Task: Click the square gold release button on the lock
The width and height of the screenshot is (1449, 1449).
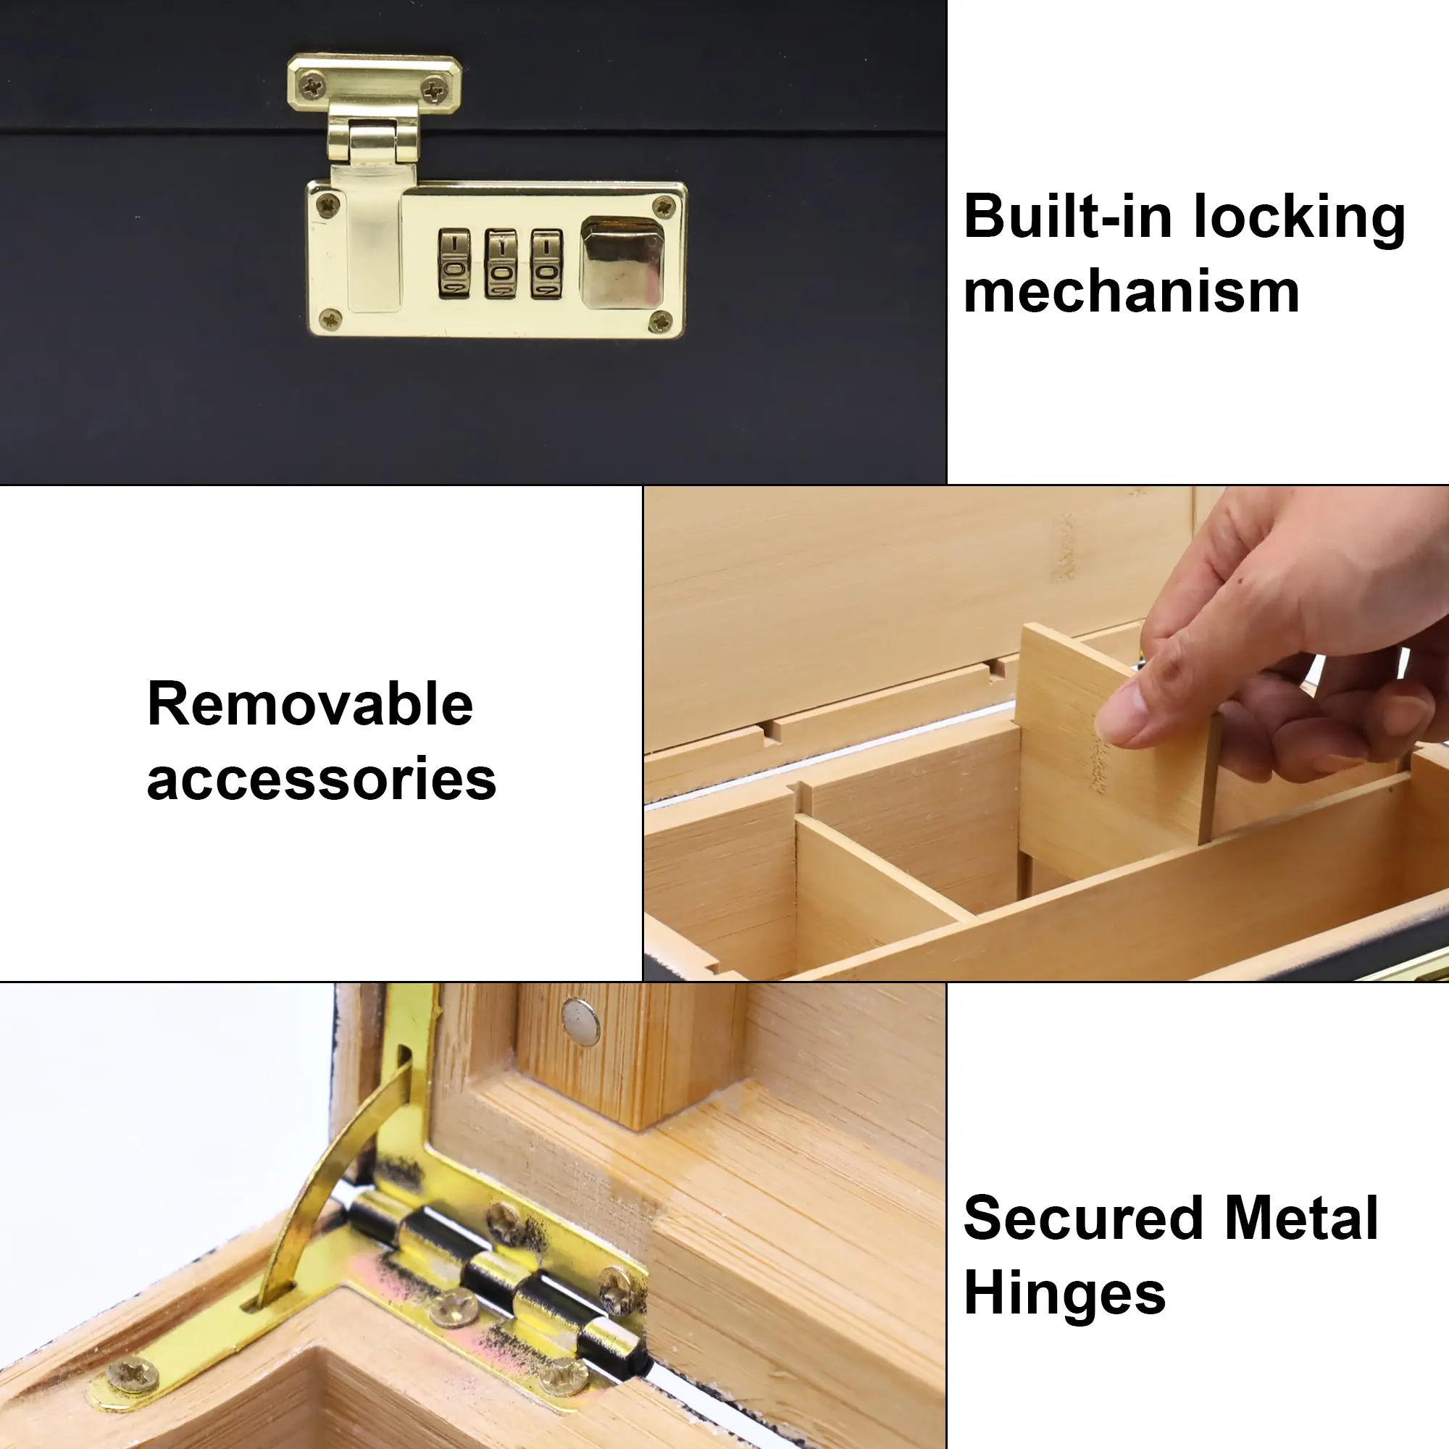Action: (x=622, y=261)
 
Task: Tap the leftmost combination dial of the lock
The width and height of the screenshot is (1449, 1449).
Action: (x=454, y=264)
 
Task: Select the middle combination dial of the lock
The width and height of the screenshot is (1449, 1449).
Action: (x=500, y=264)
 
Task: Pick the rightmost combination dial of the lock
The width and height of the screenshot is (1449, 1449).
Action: (x=547, y=264)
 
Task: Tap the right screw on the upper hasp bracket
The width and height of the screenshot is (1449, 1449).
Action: (x=434, y=91)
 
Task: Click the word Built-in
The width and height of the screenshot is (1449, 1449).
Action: (x=1067, y=217)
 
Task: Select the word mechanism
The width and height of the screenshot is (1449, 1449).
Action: (x=1131, y=292)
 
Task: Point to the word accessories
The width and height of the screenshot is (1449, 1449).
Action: (x=322, y=780)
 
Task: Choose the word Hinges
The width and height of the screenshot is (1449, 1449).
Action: (x=1065, y=1295)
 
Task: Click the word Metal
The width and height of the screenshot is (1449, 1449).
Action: (x=1301, y=1218)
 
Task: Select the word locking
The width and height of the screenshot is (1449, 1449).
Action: (x=1300, y=217)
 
